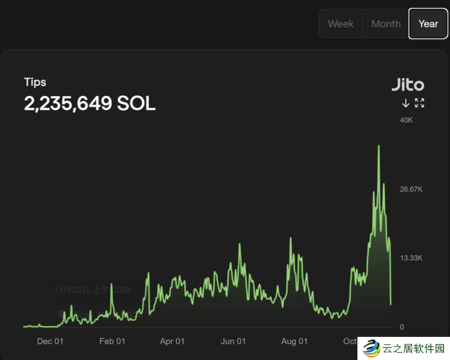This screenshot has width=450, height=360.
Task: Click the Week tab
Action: (340, 24)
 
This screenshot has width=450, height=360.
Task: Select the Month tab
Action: (386, 24)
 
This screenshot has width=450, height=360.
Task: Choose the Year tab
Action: (428, 24)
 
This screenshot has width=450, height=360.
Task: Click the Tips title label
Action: (35, 82)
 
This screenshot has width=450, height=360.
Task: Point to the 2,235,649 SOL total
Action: (89, 104)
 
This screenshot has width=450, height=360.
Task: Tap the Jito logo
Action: (408, 85)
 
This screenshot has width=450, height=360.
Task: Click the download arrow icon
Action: (406, 103)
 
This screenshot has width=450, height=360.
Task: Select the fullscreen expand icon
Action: (419, 103)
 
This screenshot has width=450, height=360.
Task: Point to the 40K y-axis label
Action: (406, 120)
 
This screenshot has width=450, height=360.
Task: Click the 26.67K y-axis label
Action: (411, 189)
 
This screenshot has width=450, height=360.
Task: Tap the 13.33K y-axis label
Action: (411, 258)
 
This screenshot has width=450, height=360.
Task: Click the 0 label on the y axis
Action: (402, 327)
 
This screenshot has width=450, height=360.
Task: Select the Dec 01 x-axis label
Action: (50, 341)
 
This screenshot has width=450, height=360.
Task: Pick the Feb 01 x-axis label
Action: (112, 341)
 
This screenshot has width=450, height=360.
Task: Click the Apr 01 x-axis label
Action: (172, 341)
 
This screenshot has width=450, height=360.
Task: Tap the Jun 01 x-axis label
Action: (233, 341)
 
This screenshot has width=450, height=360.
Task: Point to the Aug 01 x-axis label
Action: (294, 341)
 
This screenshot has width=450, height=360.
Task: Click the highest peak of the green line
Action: (379, 146)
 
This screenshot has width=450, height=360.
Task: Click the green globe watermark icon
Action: (371, 348)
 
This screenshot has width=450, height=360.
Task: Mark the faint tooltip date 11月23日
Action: (72, 290)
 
